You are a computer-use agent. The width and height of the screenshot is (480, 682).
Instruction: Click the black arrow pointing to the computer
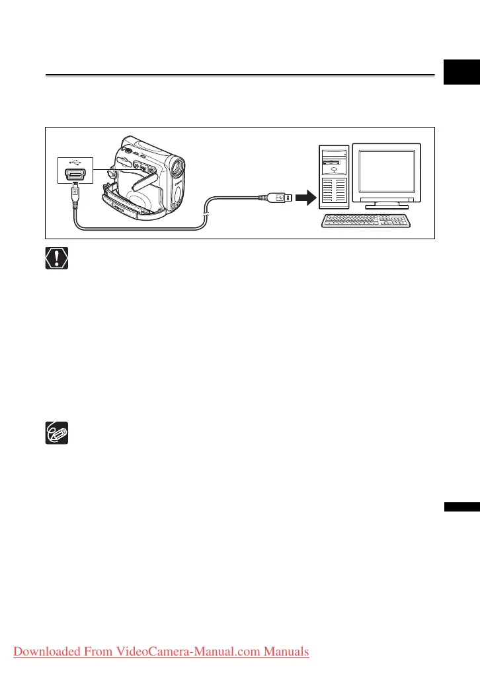point(305,196)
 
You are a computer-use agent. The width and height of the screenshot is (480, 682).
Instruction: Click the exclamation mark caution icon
point(56,258)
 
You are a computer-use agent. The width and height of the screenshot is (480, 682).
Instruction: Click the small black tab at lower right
point(461,507)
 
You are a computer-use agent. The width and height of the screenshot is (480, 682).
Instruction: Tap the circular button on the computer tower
point(335,168)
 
